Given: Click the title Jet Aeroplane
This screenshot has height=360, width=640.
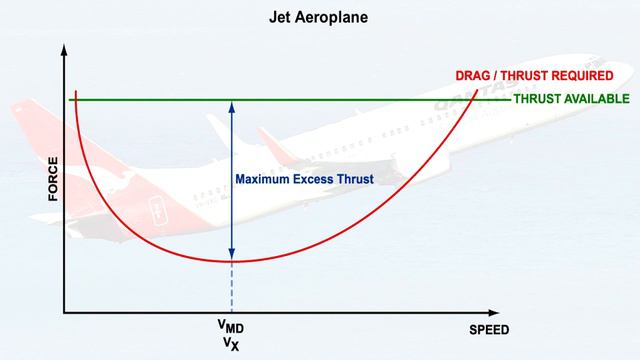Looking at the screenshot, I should pos(320,17).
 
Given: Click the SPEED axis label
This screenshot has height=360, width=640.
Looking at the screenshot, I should pos(489,330).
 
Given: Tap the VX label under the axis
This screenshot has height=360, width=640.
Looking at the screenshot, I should pos(230,345).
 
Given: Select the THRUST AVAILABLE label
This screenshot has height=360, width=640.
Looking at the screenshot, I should pos(571,99).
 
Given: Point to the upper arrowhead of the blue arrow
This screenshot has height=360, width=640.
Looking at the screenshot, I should pos(232,104).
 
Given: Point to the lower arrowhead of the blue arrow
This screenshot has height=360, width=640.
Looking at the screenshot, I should pos(232,256).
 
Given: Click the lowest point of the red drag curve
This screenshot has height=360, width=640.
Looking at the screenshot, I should pos(232,262).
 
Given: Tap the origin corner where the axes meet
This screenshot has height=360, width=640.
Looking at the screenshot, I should pos(65,312).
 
